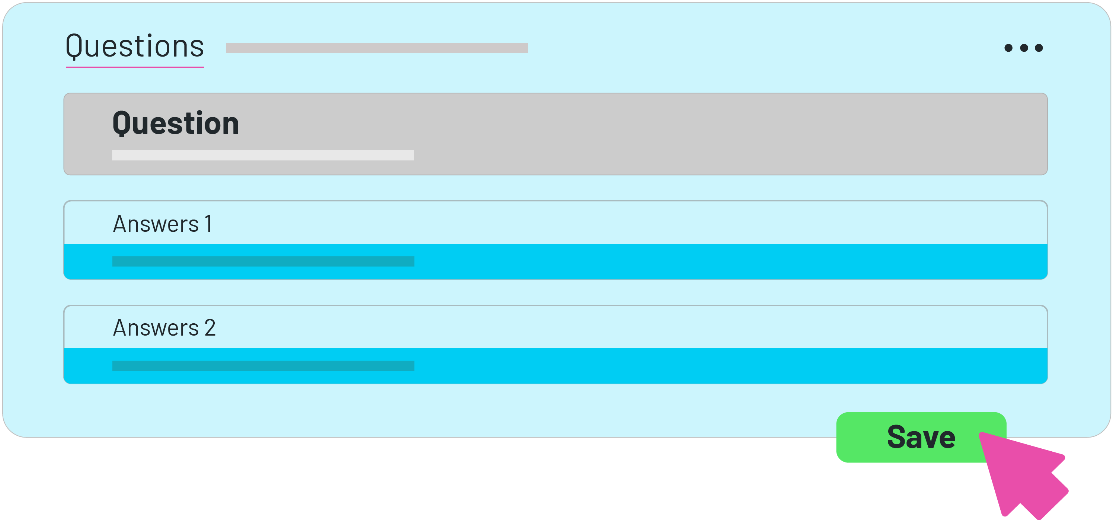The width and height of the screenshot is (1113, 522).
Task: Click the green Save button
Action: (x=907, y=437)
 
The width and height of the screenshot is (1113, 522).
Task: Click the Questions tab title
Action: (x=134, y=46)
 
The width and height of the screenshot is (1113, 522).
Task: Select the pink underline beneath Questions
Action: (x=134, y=67)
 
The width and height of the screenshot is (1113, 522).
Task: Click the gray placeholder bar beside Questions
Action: (x=376, y=48)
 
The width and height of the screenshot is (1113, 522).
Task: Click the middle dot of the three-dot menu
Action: (x=1024, y=48)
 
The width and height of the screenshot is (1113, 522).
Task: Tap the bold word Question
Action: (x=175, y=124)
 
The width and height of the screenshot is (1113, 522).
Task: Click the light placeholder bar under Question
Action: (x=263, y=155)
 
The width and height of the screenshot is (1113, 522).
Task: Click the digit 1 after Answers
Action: (x=208, y=224)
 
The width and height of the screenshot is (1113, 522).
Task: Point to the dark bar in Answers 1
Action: (x=263, y=262)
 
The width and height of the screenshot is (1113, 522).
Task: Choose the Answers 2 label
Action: (x=164, y=327)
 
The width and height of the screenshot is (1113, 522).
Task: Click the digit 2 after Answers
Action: (x=210, y=327)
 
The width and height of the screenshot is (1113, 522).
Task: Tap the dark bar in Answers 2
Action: (x=263, y=366)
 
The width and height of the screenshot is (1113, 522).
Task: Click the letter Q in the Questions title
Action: (x=74, y=46)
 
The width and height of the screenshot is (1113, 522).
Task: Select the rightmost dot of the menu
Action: (x=1039, y=48)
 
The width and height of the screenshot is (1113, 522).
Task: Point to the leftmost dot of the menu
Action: (x=1008, y=48)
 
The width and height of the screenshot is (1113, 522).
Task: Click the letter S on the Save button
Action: (x=898, y=437)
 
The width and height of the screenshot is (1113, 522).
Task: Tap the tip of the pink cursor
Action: (x=982, y=434)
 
